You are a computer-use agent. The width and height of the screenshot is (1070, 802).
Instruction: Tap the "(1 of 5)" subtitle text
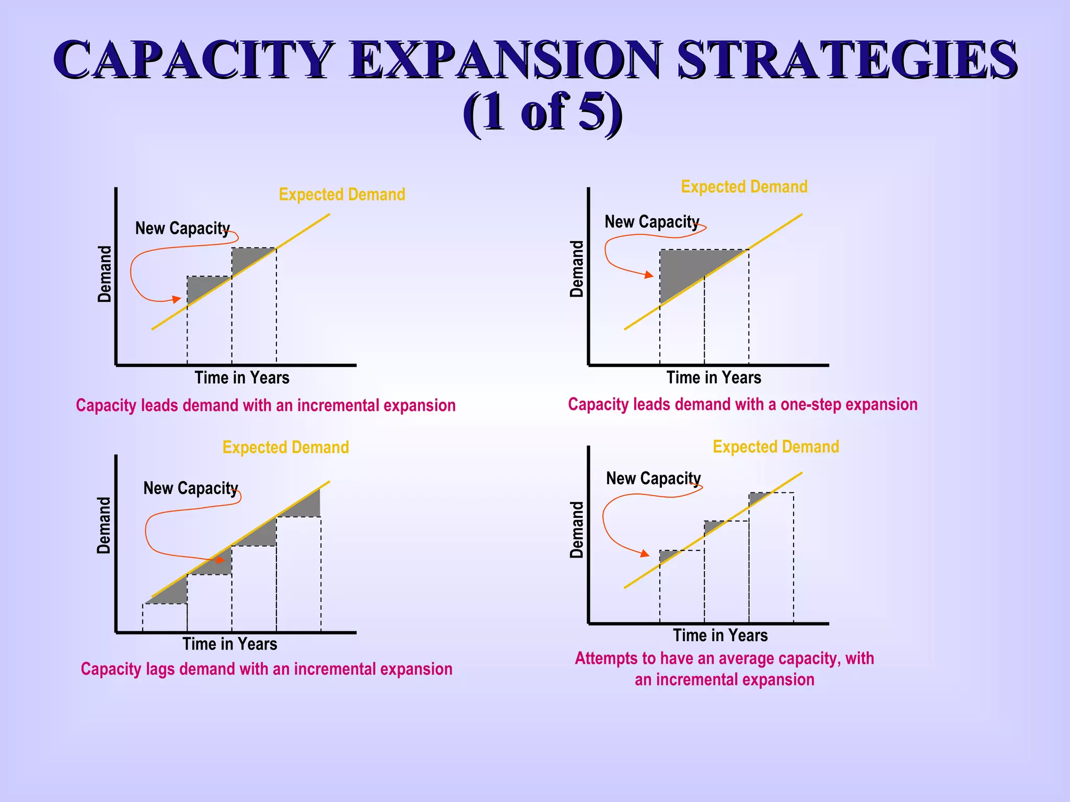pos(542,113)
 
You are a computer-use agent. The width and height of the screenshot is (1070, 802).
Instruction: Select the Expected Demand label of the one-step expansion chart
pos(744,187)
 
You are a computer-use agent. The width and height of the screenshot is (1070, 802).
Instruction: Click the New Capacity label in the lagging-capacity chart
pos(191,488)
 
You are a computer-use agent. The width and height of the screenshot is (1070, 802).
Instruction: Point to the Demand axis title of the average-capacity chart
pos(576,529)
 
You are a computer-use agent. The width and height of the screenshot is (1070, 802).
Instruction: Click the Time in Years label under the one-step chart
pos(714,378)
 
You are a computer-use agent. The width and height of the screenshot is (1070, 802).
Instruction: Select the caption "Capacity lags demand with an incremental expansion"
pos(266,669)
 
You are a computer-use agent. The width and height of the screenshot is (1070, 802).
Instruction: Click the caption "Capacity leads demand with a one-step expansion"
pos(742,405)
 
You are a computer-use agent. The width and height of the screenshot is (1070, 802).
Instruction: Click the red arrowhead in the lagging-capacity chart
pos(221,560)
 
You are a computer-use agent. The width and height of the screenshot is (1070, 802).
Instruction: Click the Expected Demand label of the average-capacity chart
pos(776,447)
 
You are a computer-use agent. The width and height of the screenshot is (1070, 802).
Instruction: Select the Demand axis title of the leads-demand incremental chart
pos(104,274)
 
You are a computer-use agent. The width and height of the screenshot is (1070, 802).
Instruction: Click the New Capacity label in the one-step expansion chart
pos(652,222)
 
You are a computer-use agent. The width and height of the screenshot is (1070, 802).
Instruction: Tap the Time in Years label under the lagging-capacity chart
pos(230,644)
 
